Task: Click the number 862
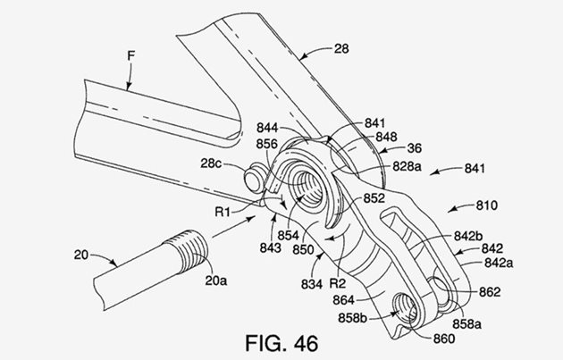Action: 488,291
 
